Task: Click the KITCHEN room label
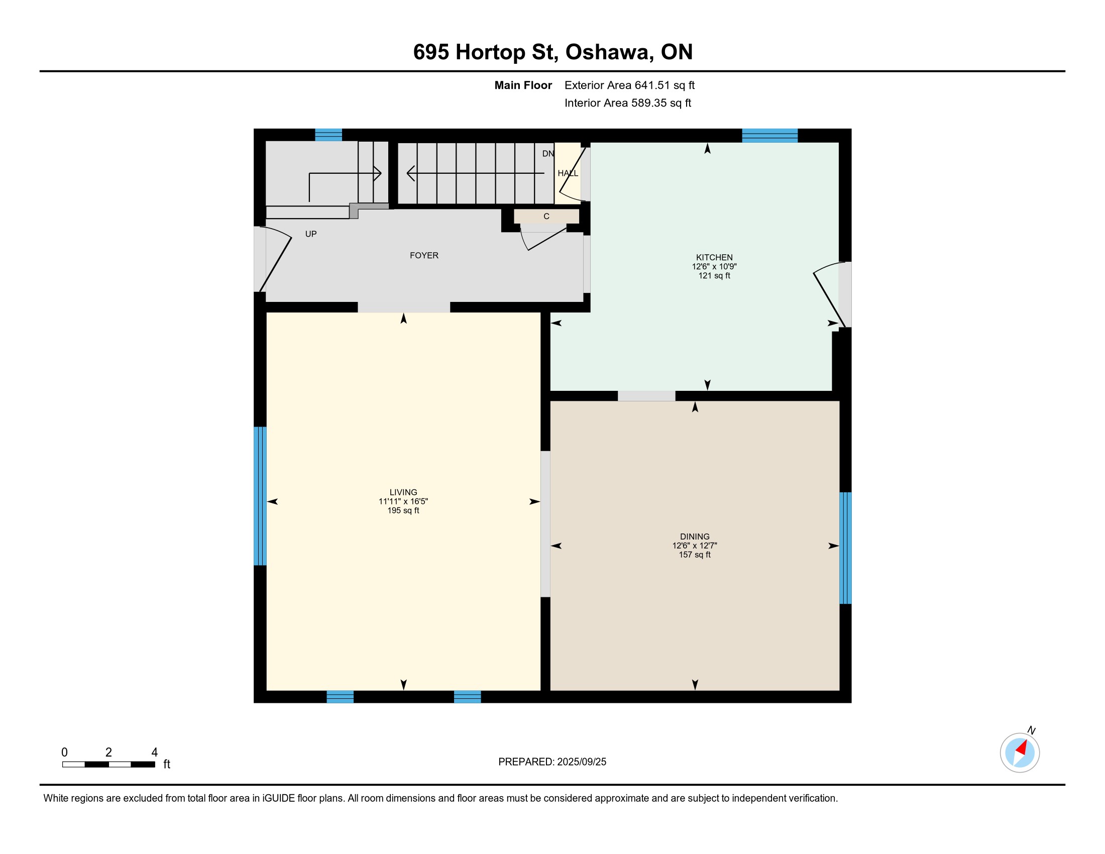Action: coord(714,257)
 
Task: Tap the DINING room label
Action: coord(695,537)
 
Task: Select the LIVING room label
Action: coord(403,492)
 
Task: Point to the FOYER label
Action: coord(424,256)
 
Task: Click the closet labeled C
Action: coord(546,216)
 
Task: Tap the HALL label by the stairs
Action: coord(568,173)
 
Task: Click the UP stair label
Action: coord(310,234)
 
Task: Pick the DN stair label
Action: coord(548,153)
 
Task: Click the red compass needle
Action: coord(1022,748)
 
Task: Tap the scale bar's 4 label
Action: coord(154,753)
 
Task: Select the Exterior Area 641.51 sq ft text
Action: coord(629,85)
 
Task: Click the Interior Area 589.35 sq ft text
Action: coord(628,103)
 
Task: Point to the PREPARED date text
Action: coord(552,762)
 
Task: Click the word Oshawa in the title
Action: coord(607,52)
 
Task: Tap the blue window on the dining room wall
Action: coord(845,548)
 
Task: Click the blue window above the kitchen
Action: coord(769,136)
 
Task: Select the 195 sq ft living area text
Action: coord(403,510)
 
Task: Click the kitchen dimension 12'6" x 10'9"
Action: coord(714,267)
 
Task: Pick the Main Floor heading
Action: coord(523,85)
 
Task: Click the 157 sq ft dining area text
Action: coord(695,555)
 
